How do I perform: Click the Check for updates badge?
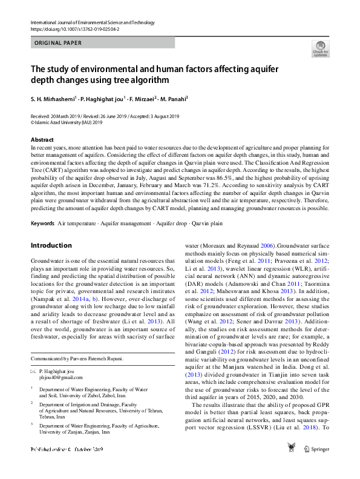[321, 49]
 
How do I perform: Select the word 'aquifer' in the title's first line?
[262, 68]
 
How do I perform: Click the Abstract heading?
[41, 140]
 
